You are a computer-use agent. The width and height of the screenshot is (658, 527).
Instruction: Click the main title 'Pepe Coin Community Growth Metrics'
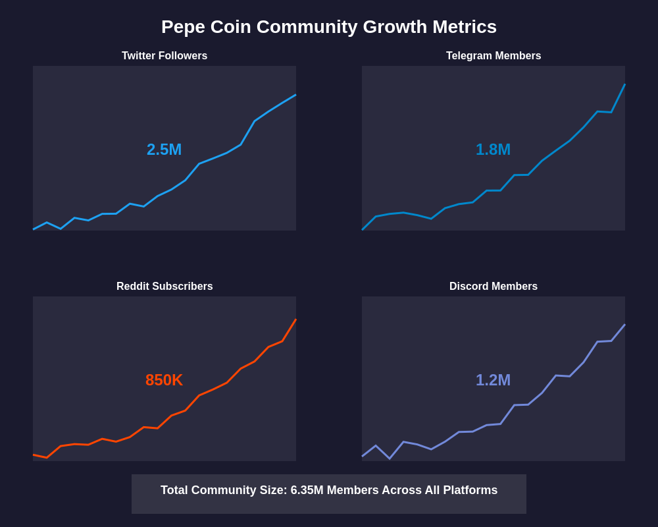(x=329, y=27)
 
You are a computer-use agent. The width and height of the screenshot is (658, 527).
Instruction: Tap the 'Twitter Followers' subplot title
(x=164, y=56)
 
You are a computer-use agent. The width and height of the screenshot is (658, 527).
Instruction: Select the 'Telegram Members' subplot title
(x=493, y=56)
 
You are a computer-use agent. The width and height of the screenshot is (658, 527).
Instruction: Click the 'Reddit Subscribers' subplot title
(x=164, y=287)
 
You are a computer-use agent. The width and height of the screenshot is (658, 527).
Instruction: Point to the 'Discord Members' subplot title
(x=493, y=287)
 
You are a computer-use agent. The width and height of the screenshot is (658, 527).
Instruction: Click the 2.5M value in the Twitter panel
(x=164, y=150)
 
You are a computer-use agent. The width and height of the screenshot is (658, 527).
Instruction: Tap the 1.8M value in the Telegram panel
(x=493, y=150)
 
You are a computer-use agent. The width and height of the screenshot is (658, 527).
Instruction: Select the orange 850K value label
(x=164, y=380)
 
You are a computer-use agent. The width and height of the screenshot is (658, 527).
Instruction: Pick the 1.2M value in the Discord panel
(x=493, y=380)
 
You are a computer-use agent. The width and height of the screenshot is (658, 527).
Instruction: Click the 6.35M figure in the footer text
(x=307, y=490)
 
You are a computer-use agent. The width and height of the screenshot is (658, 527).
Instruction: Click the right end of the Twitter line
(x=295, y=95)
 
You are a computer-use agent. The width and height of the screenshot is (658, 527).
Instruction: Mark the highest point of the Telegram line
(x=624, y=84)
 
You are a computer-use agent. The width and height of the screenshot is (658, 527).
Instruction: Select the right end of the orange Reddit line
(x=295, y=319)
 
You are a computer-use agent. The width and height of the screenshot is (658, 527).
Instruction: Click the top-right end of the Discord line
(x=624, y=325)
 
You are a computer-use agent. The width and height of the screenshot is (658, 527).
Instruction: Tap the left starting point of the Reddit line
(x=34, y=455)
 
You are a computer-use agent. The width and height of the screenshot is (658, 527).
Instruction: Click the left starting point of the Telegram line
(x=363, y=229)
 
